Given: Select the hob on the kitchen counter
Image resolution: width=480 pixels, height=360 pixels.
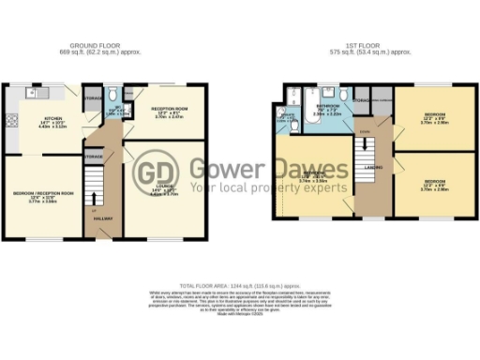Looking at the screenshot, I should tap(12, 119).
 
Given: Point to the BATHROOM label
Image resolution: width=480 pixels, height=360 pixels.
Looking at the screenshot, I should tap(327, 108).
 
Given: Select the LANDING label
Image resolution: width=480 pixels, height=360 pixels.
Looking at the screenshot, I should tap(371, 170).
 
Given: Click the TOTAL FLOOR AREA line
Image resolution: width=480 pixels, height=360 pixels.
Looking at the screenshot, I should tap(239, 282).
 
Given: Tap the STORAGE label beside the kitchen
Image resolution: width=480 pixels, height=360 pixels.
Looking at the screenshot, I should tap(92, 97).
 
